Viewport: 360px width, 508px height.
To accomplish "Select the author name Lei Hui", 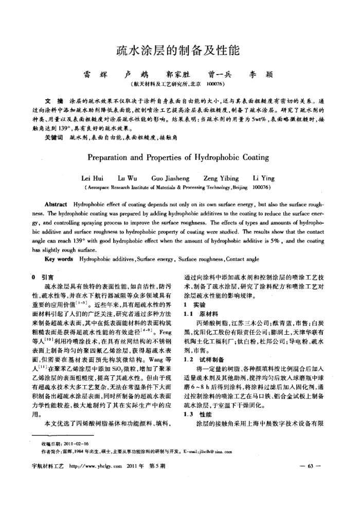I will click(x=93, y=178).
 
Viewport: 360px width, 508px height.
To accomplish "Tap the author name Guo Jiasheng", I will click(x=169, y=178).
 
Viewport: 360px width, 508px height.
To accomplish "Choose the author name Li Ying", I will click(x=264, y=178).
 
